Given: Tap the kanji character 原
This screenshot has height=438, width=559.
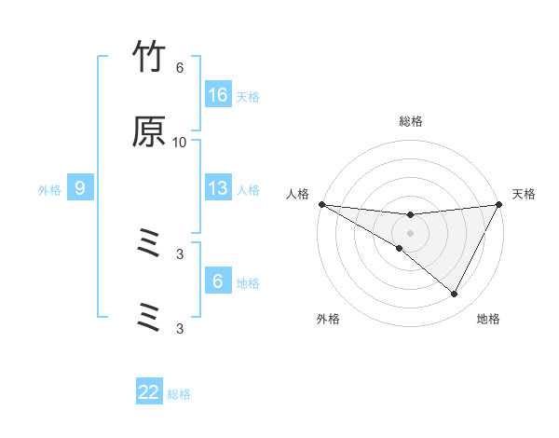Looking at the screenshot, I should coord(150,133).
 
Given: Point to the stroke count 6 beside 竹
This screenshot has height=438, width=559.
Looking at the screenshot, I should coord(180,68).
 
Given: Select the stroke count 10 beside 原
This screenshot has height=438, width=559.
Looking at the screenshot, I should coord(180,142).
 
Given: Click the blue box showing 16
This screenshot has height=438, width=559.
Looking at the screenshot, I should coord(218,95).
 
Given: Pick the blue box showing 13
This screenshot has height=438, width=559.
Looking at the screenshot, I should coord(218,189).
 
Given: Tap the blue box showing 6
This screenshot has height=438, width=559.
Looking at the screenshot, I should coord(218,281).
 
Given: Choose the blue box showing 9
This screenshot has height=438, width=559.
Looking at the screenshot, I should coord(80,189).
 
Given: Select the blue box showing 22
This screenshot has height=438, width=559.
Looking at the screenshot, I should coord(149,393).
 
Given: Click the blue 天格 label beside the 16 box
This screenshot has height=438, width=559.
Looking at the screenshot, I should coord(248,96).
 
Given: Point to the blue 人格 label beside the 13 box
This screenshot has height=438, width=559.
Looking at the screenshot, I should coord(248,190).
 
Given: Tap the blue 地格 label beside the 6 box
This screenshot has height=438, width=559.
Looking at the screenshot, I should coord(248,281).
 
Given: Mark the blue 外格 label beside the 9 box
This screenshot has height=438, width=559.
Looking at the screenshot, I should coord(49,190).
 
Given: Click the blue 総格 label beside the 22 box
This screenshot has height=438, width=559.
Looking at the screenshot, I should coord(179,394).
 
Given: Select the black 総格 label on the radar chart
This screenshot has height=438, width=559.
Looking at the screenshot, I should coord(410,121).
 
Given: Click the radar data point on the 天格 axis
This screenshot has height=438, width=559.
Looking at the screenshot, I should coord(499,204).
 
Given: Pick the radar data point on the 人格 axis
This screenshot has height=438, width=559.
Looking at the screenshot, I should coord(321,204).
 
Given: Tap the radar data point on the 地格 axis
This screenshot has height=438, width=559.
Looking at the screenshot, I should coord(454,294).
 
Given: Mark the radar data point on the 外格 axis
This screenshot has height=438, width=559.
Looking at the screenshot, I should coord(400,248).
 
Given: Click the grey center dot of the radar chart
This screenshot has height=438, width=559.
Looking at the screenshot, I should coord(410,232).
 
